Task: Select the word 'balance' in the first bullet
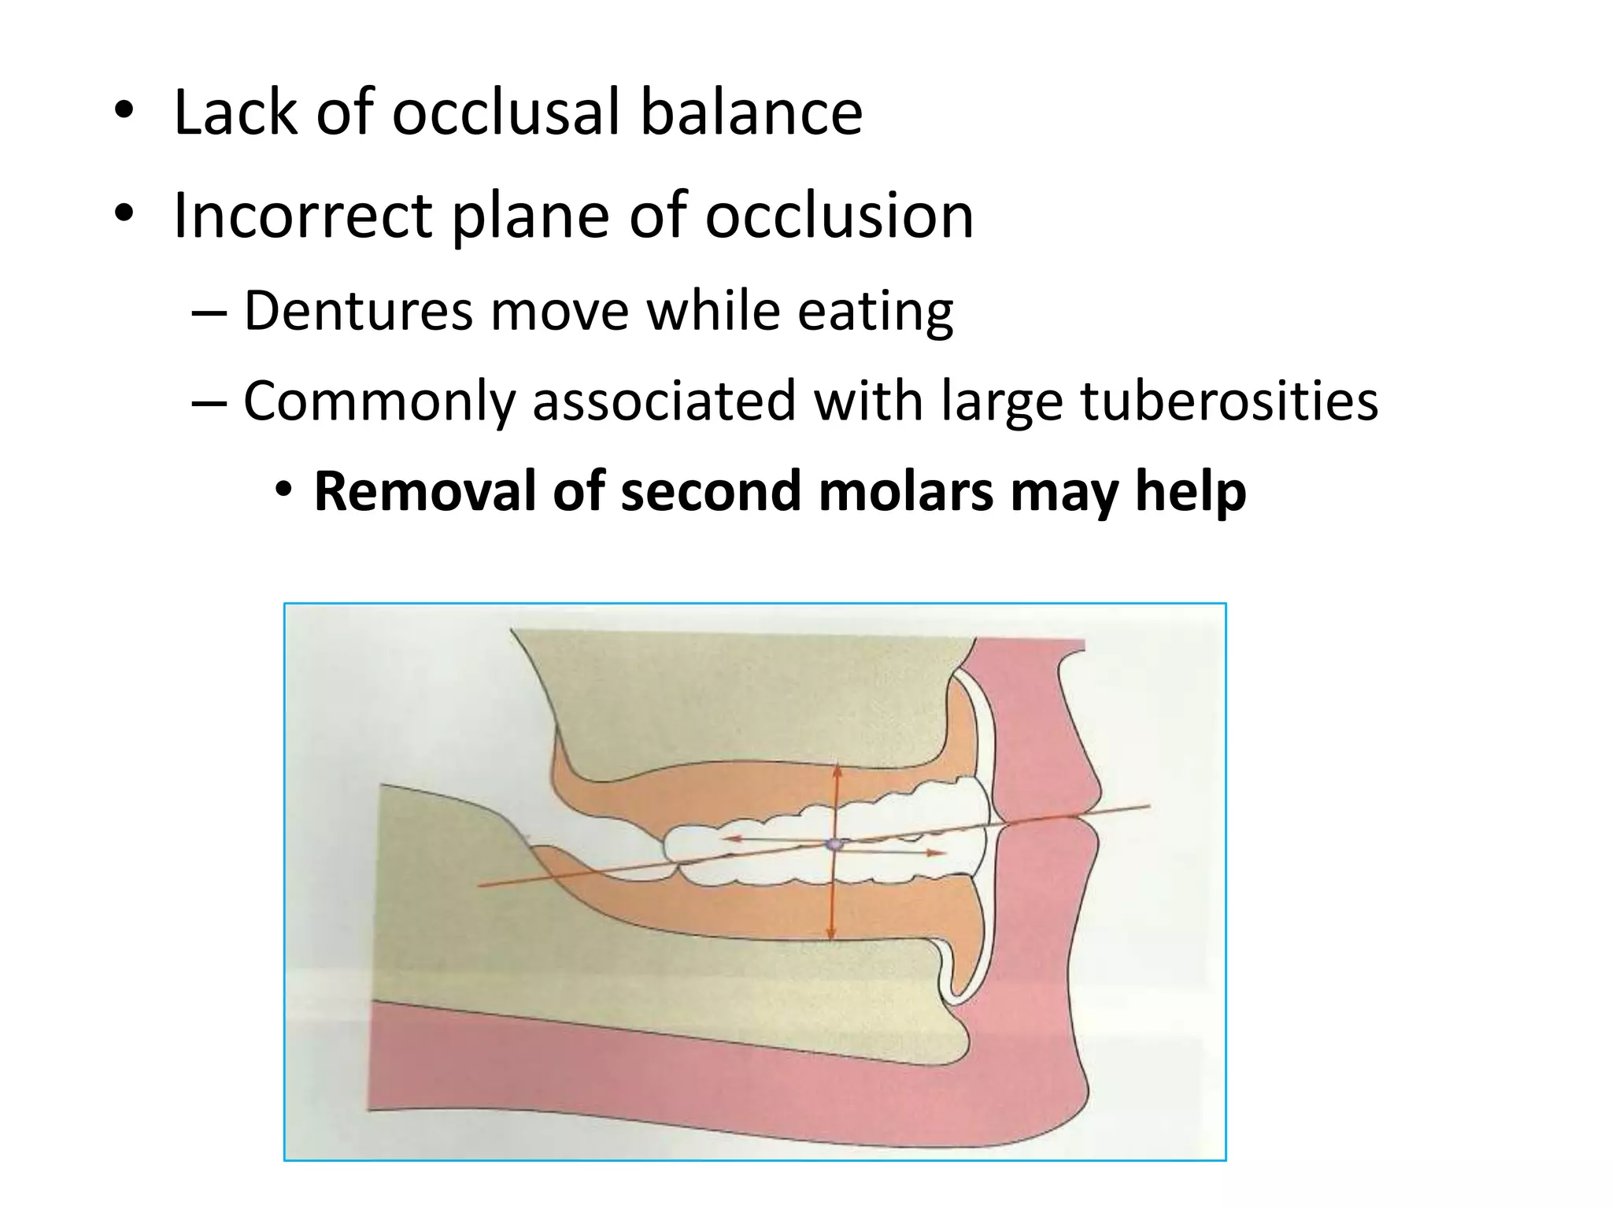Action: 751,113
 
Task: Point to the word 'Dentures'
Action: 358,310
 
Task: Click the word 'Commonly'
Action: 379,401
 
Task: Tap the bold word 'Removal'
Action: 425,491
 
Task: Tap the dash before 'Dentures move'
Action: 209,312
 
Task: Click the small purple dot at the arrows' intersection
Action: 833,845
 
